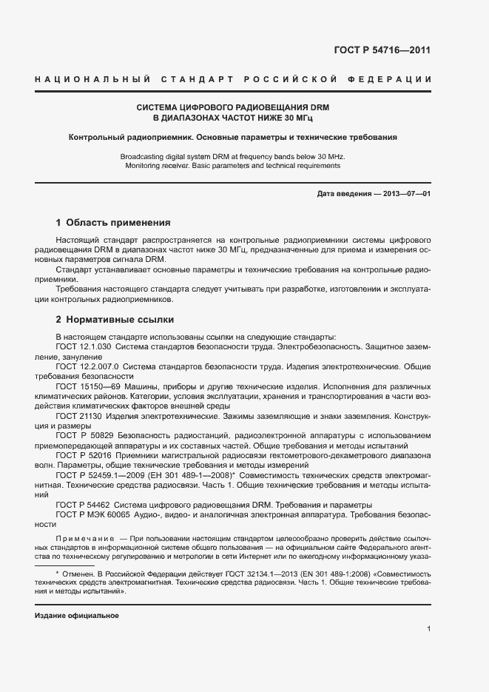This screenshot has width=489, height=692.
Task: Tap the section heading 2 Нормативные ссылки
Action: point(115,320)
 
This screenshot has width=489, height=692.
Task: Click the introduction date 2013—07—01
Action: point(406,193)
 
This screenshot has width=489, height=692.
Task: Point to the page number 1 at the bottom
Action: point(429,628)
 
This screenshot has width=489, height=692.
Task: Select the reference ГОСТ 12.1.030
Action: point(84,346)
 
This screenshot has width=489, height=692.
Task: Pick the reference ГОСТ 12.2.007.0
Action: point(86,366)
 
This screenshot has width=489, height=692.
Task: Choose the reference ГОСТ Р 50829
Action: point(83,435)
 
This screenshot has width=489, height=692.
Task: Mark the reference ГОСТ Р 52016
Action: point(83,455)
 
